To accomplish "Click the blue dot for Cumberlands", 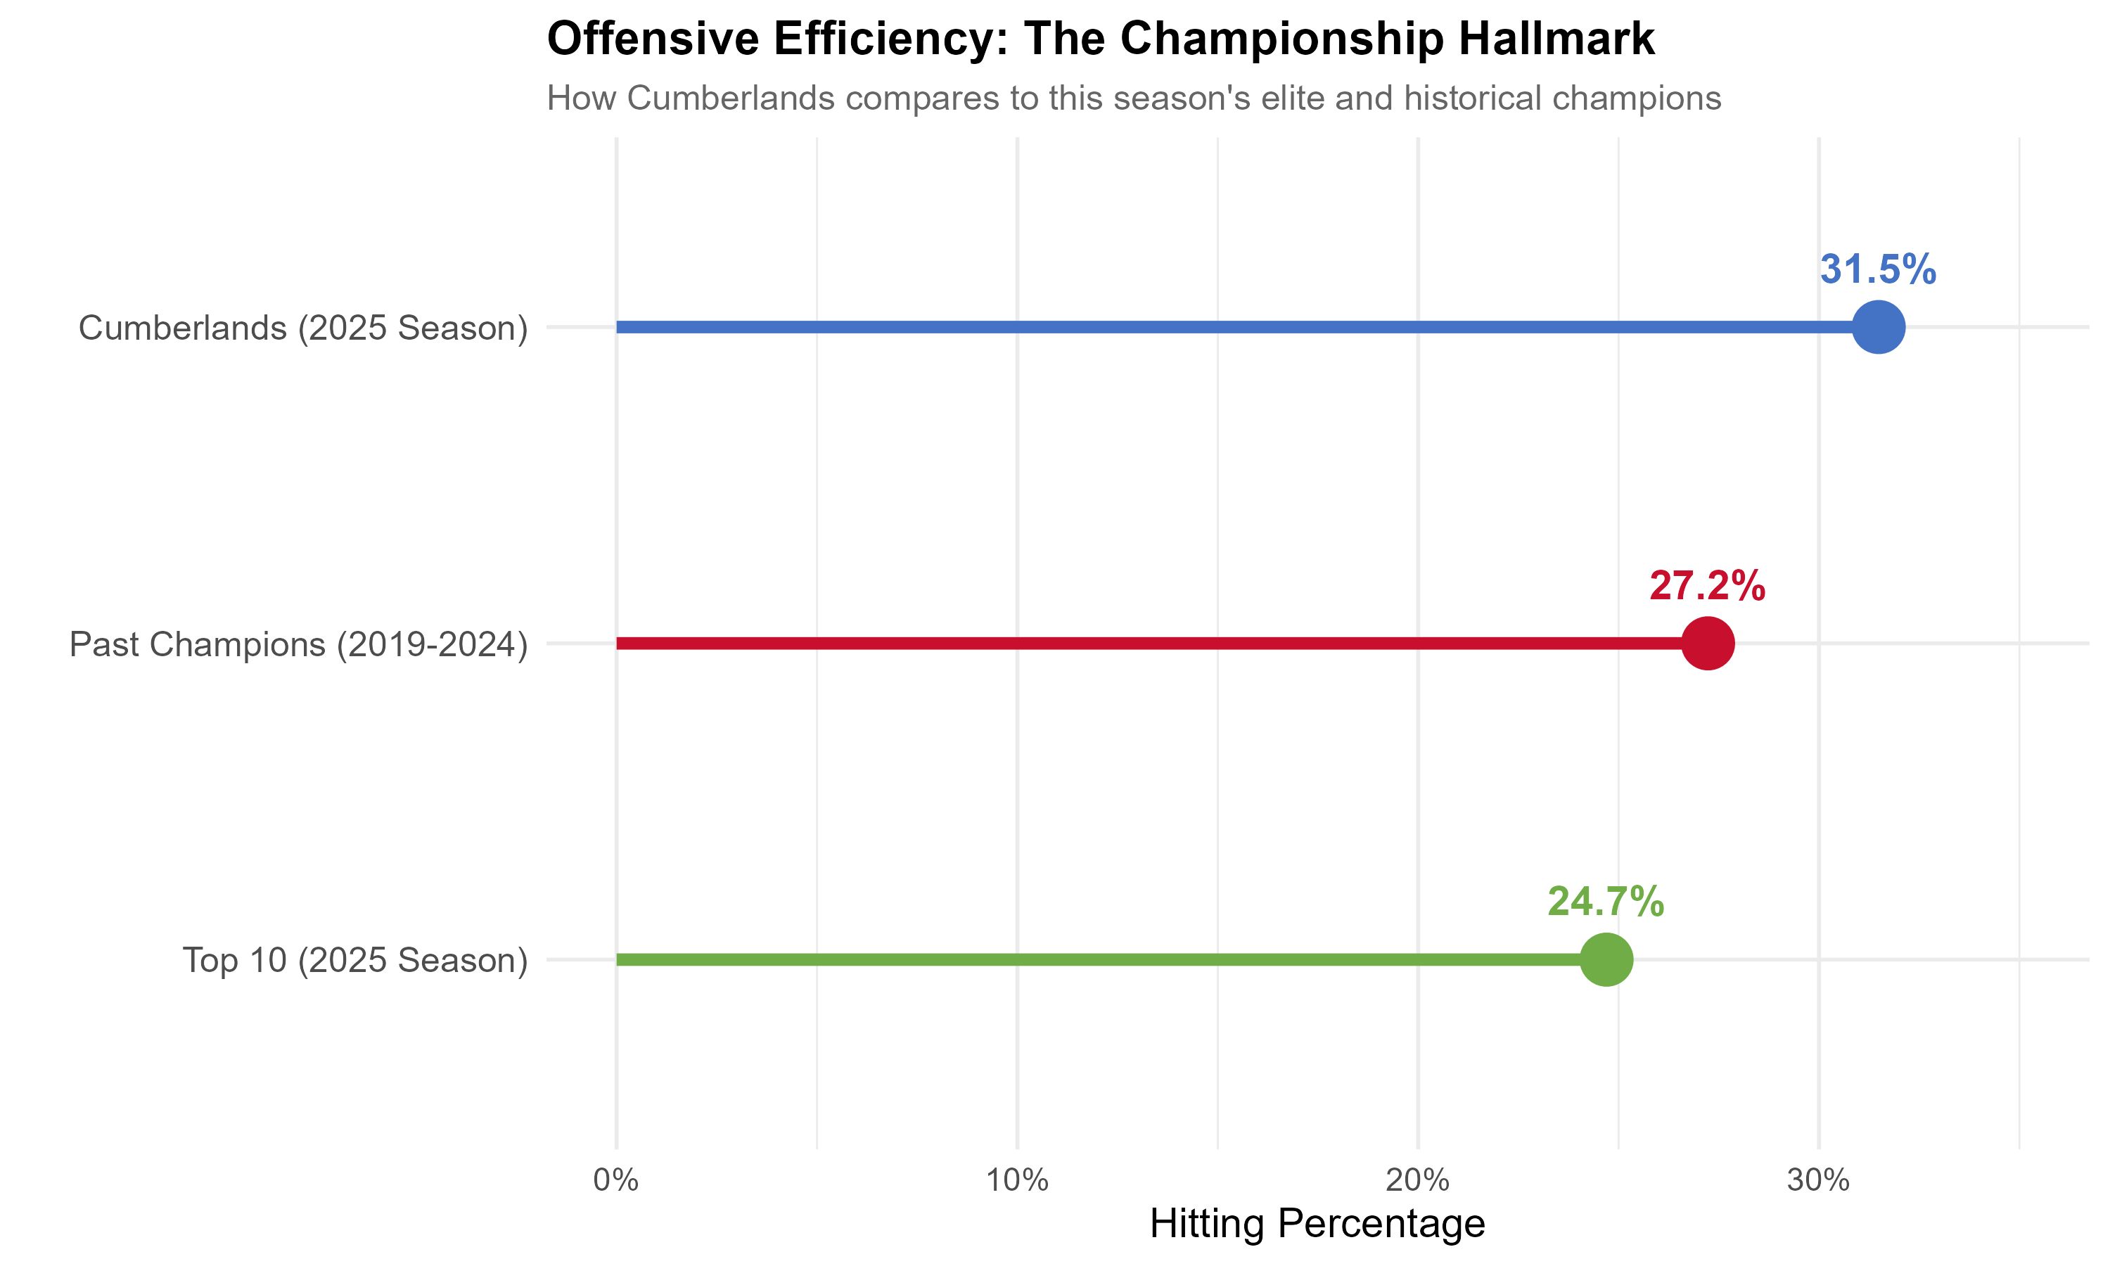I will (1878, 327).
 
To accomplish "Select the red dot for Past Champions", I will (1708, 644).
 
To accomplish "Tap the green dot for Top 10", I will (1606, 960).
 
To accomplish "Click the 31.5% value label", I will (1878, 269).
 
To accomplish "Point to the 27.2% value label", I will (1708, 586).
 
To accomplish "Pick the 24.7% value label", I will (1606, 902).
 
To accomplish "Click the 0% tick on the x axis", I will (616, 1181).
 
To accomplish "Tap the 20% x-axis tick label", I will (1417, 1181).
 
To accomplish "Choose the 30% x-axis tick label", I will (1818, 1181).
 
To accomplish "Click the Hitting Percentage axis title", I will (1317, 1225).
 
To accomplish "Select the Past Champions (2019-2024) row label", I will (298, 645).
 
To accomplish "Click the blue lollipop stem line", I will (1194, 327).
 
